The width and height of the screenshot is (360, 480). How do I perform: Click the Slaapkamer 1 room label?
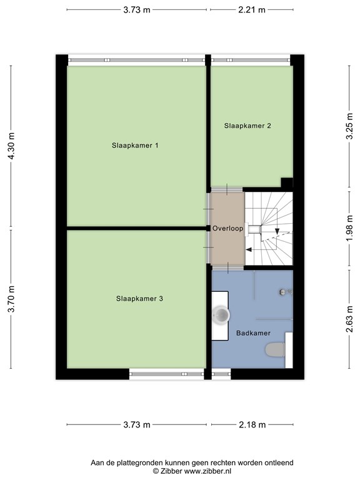pyautogui.click(x=135, y=146)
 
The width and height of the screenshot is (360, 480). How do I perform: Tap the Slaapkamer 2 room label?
pyautogui.click(x=247, y=126)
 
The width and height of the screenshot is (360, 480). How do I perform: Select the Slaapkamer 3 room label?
pyautogui.click(x=139, y=299)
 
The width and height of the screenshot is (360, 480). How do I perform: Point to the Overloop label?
pyautogui.click(x=227, y=229)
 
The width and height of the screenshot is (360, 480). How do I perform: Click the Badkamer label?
pyautogui.click(x=253, y=334)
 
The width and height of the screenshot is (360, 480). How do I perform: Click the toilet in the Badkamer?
pyautogui.click(x=276, y=350)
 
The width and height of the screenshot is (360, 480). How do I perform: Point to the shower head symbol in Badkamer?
pyautogui.click(x=284, y=291)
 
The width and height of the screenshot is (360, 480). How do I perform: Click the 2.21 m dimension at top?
pyautogui.click(x=251, y=10)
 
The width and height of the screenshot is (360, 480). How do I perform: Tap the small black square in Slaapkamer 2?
pyautogui.click(x=287, y=182)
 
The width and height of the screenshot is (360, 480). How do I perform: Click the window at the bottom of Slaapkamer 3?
pyautogui.click(x=166, y=374)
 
